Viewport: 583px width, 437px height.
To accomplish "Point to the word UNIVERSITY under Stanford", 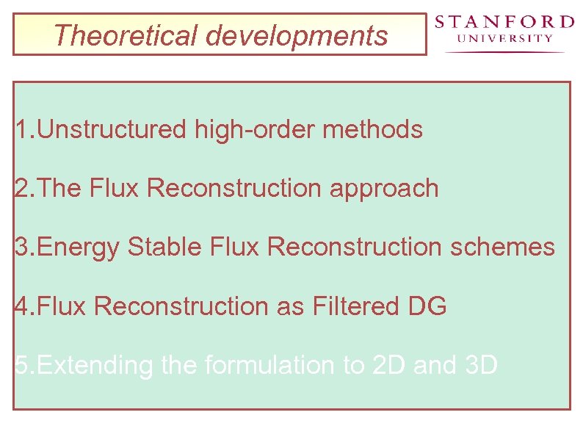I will [504, 39].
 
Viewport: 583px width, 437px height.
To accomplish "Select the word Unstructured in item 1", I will [112, 130].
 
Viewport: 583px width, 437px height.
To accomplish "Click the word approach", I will [384, 189].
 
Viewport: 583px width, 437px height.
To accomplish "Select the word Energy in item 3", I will [78, 248].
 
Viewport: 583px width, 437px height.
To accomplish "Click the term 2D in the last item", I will [389, 365].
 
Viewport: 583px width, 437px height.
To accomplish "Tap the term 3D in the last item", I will [482, 365].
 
